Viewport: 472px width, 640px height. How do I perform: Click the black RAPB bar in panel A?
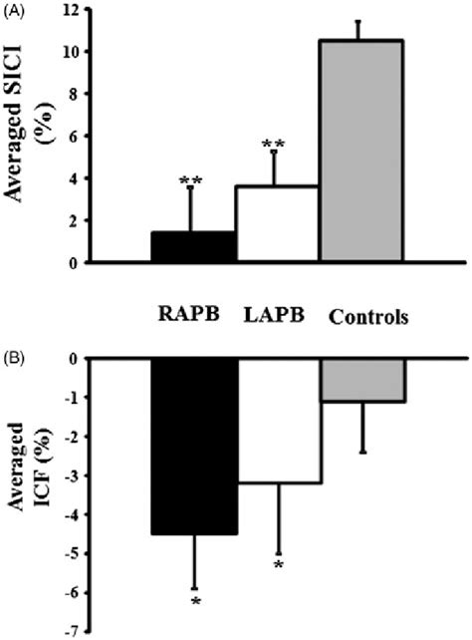point(193,247)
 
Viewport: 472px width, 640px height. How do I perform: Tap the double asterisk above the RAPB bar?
point(192,181)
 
